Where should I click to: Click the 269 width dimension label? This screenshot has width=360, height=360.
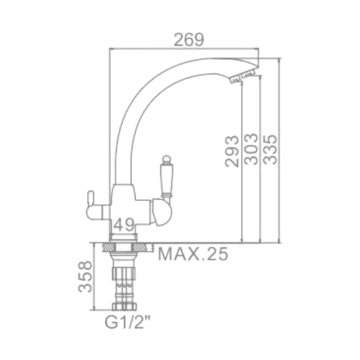(x=189, y=40)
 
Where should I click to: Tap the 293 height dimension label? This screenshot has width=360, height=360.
(x=232, y=151)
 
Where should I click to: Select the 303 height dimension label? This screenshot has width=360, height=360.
(x=251, y=149)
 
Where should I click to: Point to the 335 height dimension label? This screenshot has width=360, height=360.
(x=270, y=149)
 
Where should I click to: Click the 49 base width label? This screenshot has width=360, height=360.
(x=124, y=225)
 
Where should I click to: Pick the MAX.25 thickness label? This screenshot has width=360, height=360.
(x=193, y=254)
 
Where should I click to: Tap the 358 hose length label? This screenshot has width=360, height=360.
(x=85, y=276)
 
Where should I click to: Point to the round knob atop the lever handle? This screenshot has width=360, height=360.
(x=166, y=159)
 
